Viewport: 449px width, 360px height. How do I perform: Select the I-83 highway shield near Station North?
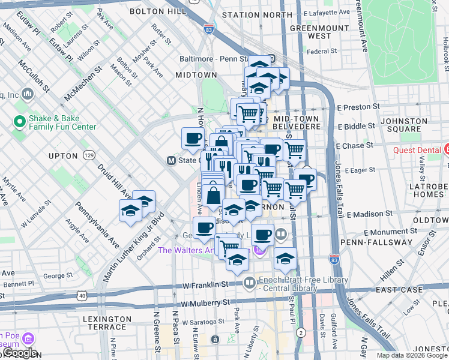[x=208, y=28]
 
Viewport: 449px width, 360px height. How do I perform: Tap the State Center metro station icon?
[x=171, y=161]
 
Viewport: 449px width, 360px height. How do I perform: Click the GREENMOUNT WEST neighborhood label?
[x=310, y=32]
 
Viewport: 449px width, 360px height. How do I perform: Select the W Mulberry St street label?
[x=206, y=304]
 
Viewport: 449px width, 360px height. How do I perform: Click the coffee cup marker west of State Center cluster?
[x=193, y=139]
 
